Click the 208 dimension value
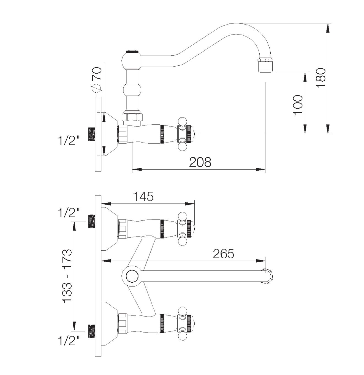[200, 162]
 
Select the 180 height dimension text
[321, 78]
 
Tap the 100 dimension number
[298, 105]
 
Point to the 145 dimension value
[143, 196]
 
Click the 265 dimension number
[224, 253]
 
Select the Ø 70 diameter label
[97, 80]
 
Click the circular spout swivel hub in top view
[132, 276]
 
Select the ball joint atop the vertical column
[132, 60]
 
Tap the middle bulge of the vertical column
[132, 90]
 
